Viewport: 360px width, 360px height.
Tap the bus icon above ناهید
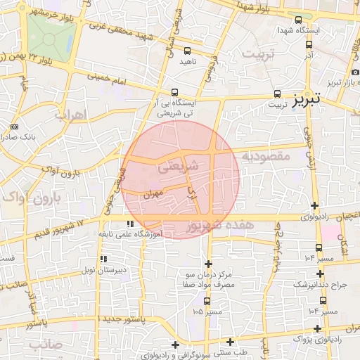click(187, 51)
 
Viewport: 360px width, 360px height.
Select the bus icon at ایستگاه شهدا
click(299, 20)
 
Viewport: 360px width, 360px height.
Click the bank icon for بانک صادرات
click(15, 127)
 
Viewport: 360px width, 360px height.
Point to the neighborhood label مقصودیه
click(265, 156)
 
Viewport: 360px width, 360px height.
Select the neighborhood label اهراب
click(68, 113)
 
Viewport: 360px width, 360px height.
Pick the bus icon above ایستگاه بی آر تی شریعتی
click(175, 92)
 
